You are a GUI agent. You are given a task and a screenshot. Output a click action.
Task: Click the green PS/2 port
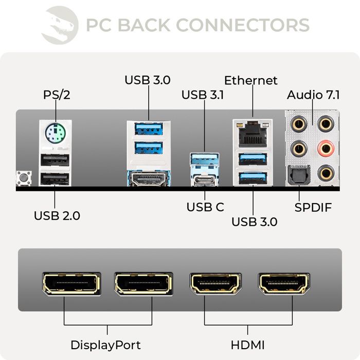56,135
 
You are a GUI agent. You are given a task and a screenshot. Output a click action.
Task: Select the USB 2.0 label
57,215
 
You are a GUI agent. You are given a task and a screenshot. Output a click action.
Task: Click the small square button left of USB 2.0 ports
23,178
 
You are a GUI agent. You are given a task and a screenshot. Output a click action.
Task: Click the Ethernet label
251,81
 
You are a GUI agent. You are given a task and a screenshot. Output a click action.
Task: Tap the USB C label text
205,207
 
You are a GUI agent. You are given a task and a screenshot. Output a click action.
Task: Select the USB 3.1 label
202,95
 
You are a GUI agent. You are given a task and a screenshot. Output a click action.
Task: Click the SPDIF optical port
299,175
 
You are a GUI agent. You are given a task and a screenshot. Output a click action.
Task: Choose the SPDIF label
313,207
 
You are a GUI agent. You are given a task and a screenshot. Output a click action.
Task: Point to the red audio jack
325,149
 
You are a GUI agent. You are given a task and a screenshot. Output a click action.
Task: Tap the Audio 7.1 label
313,95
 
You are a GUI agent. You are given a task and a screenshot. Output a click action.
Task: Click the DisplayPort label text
105,345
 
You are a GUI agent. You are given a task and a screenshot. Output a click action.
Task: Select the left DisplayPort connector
71,284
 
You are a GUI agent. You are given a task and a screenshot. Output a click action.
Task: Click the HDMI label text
247,345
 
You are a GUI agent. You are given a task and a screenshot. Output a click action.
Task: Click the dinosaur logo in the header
60,24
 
